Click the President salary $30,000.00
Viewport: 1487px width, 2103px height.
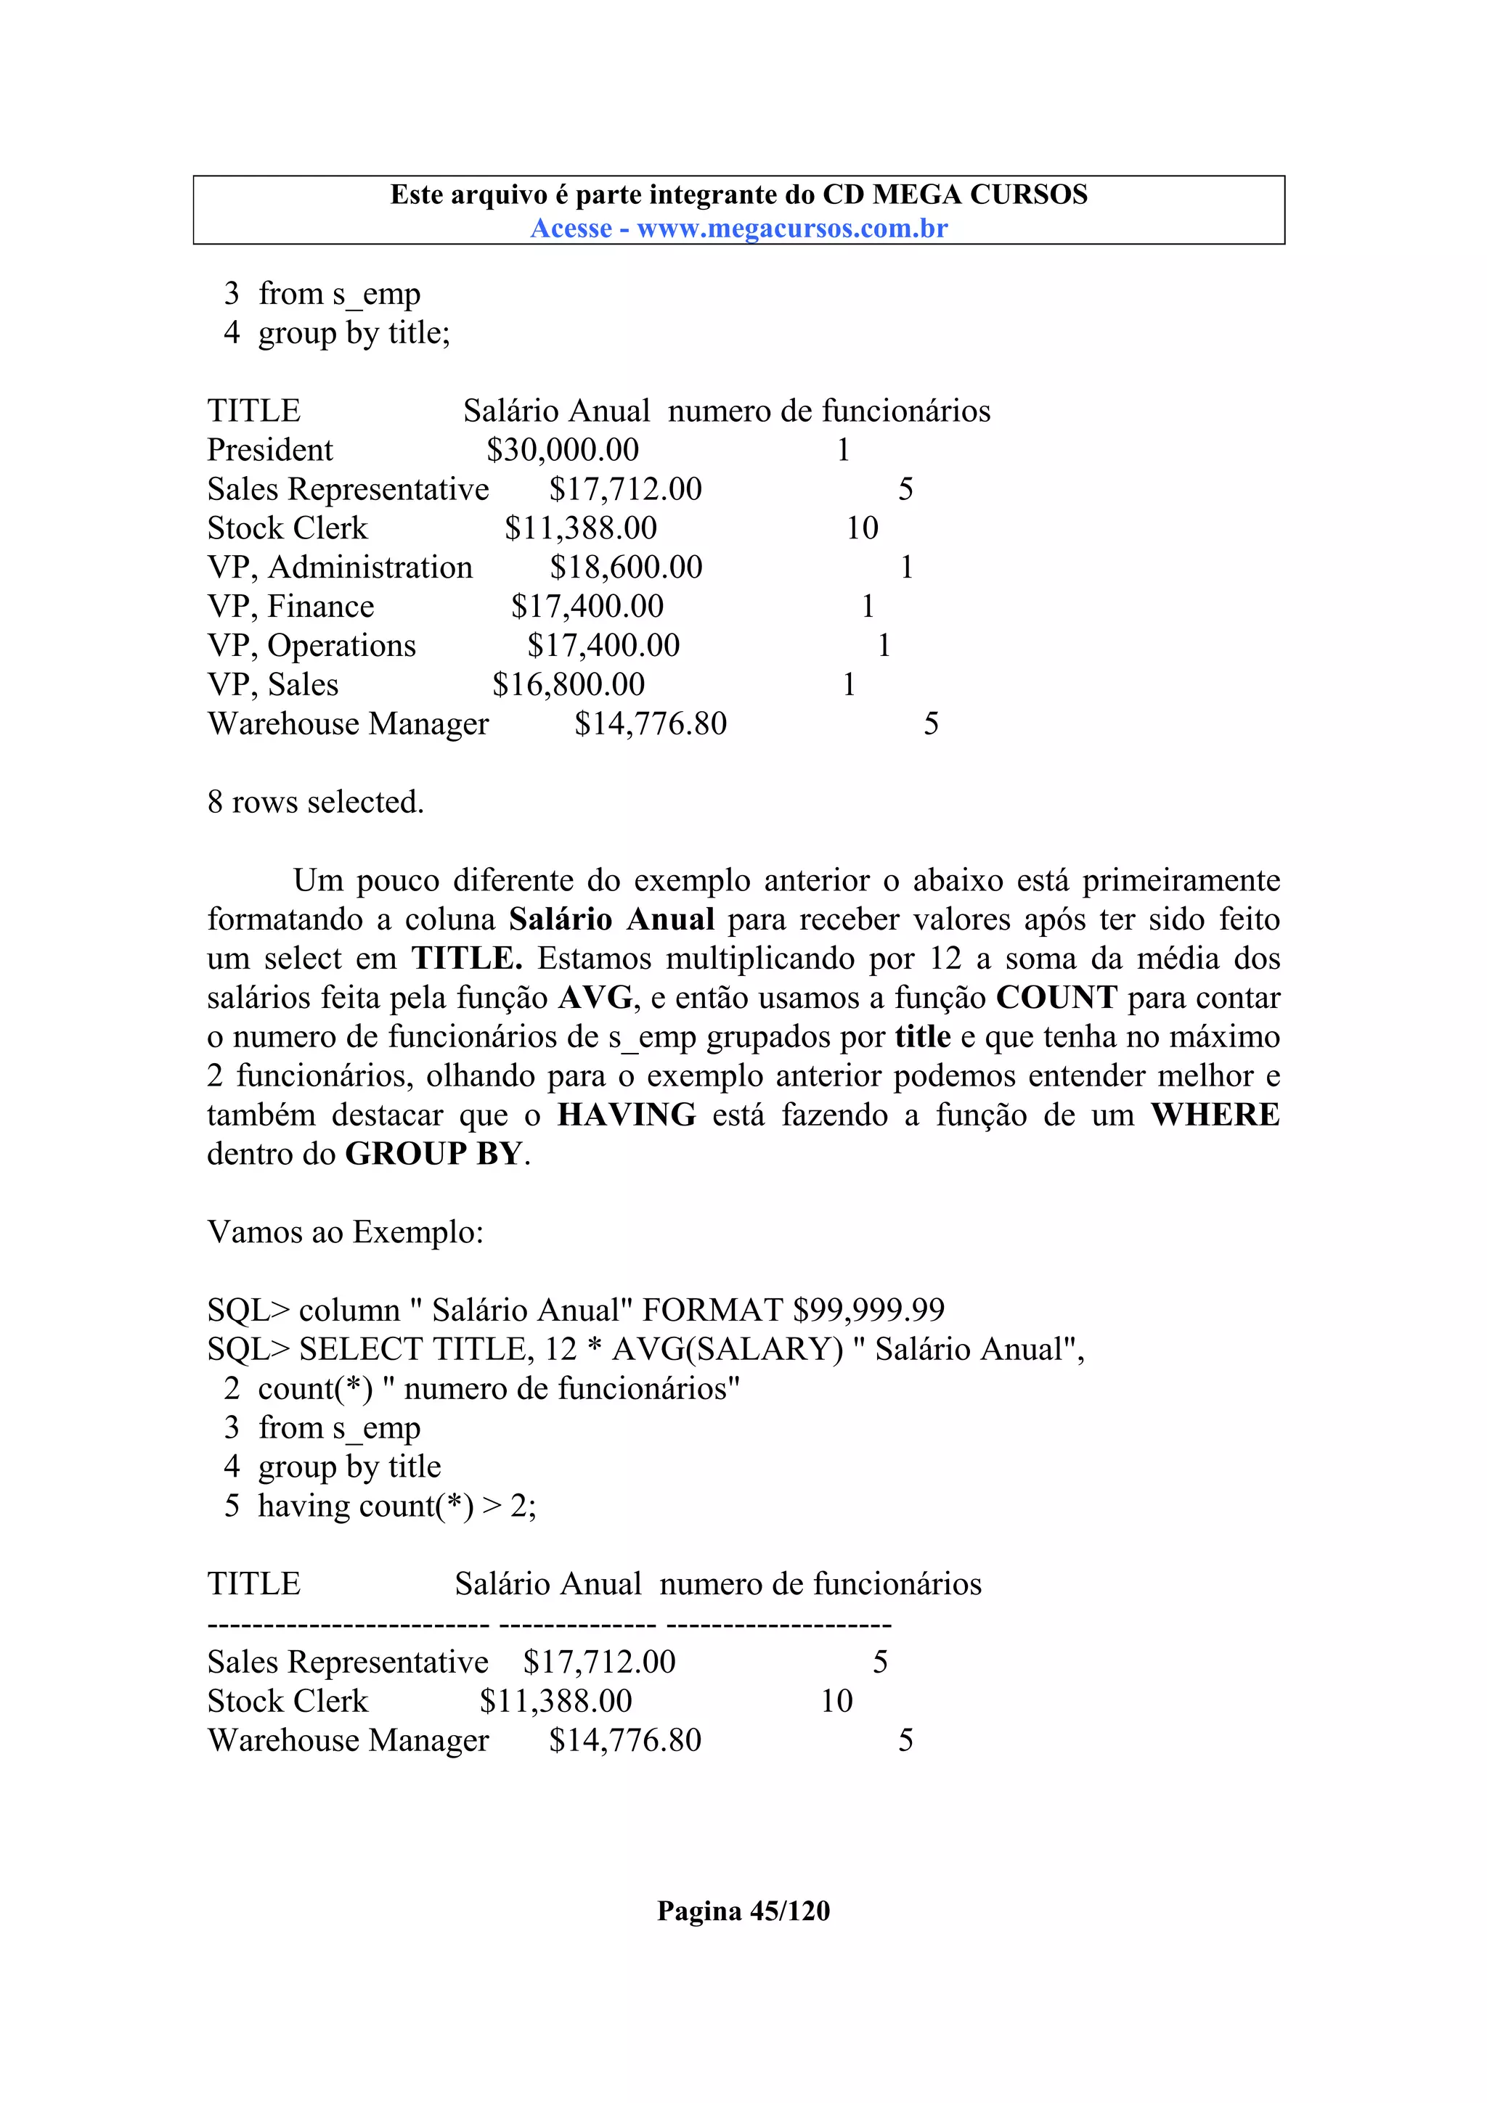pyautogui.click(x=563, y=450)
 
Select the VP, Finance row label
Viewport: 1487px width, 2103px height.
pyautogui.click(x=290, y=607)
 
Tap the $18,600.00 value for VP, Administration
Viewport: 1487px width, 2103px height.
pyautogui.click(x=626, y=567)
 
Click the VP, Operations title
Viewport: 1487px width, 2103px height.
pyautogui.click(x=311, y=646)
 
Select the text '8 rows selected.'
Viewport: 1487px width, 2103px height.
pyautogui.click(x=315, y=801)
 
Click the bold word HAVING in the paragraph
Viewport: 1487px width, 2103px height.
pyautogui.click(x=627, y=1115)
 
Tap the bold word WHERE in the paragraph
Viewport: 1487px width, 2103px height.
pyautogui.click(x=1215, y=1115)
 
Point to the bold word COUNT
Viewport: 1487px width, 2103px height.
pyautogui.click(x=1056, y=998)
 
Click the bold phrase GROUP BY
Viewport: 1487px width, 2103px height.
pyautogui.click(x=433, y=1154)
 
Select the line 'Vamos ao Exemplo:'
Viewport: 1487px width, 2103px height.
pyautogui.click(x=344, y=1232)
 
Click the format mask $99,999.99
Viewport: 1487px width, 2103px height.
pyautogui.click(x=868, y=1310)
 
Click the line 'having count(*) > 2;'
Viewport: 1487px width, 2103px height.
pyautogui.click(x=396, y=1506)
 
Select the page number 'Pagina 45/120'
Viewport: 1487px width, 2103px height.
pyautogui.click(x=743, y=1911)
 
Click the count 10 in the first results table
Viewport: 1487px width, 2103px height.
pyautogui.click(x=862, y=528)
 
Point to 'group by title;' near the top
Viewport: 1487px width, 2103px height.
pyautogui.click(x=354, y=332)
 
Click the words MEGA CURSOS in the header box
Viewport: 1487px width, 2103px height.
pyautogui.click(x=979, y=194)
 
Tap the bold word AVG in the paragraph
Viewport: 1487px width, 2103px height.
pyautogui.click(x=596, y=998)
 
